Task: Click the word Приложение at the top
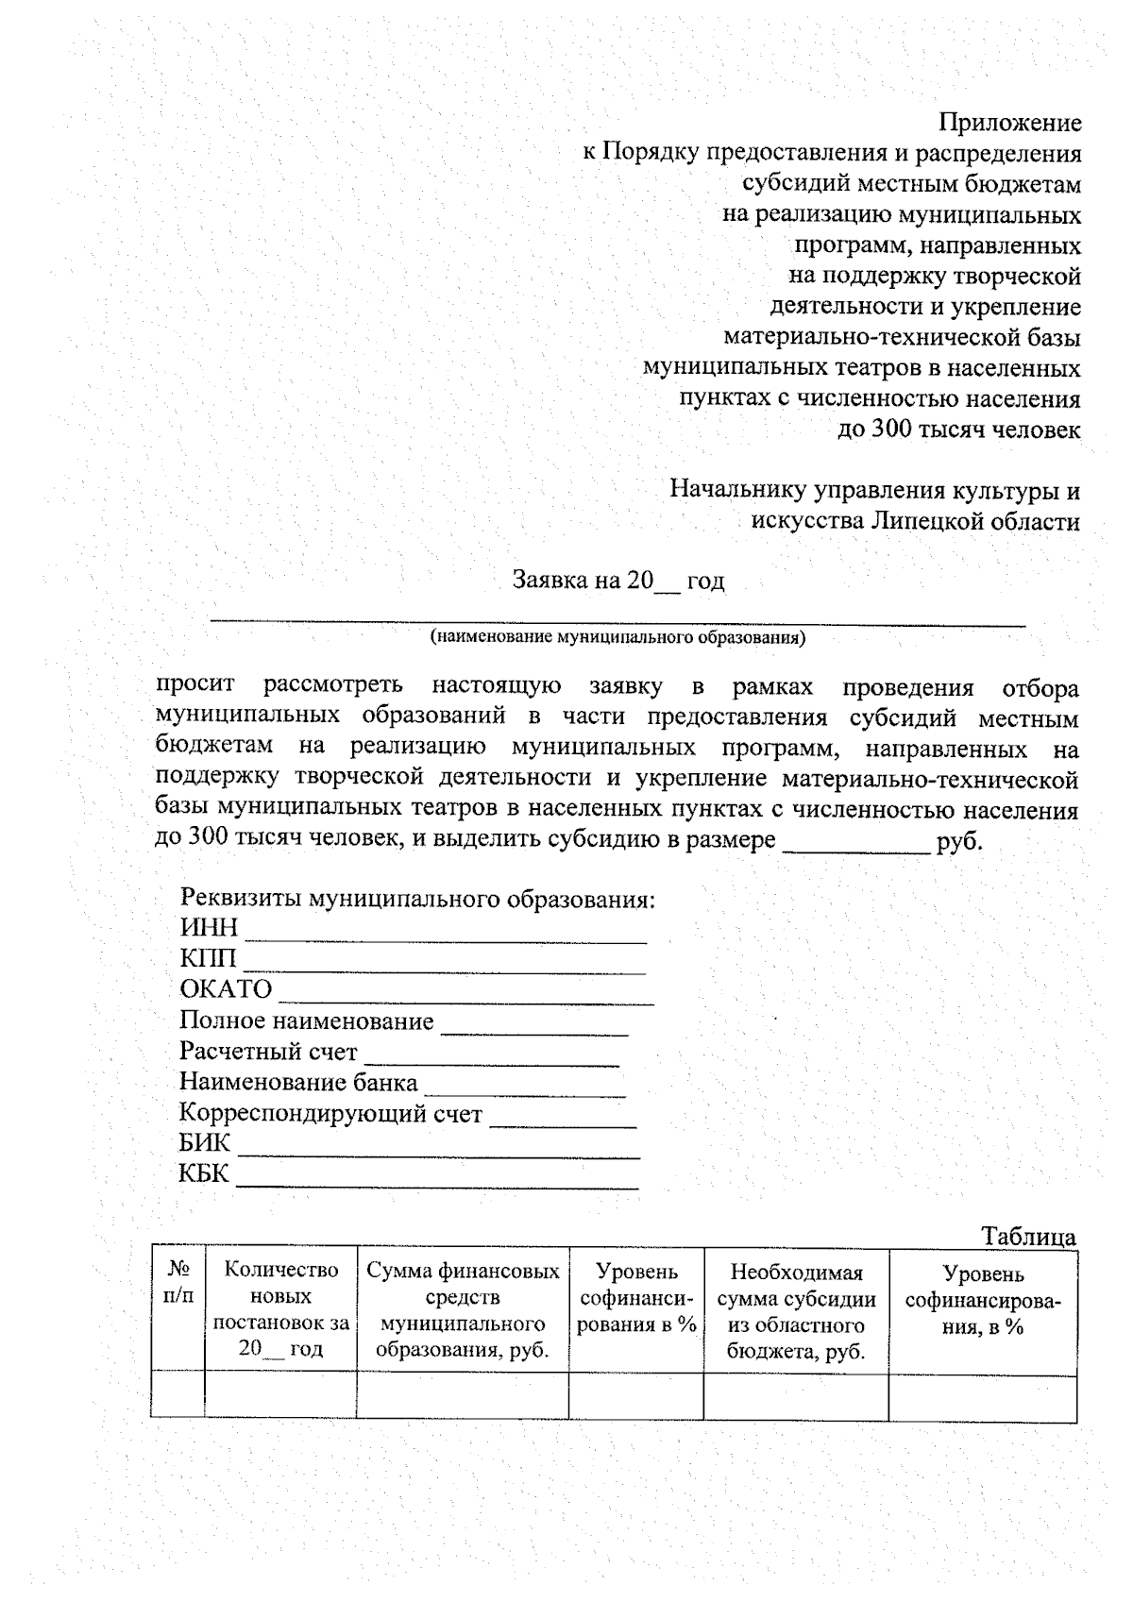(1009, 123)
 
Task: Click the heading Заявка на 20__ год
(618, 580)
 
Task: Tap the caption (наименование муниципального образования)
(618, 637)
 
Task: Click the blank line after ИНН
(446, 935)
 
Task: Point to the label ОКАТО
(226, 989)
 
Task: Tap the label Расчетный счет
(268, 1052)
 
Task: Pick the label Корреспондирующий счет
(330, 1114)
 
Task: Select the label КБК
(204, 1173)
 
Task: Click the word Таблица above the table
(1028, 1237)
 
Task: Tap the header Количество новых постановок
(280, 1309)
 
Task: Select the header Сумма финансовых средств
(463, 1310)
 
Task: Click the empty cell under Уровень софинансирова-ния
(982, 1398)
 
